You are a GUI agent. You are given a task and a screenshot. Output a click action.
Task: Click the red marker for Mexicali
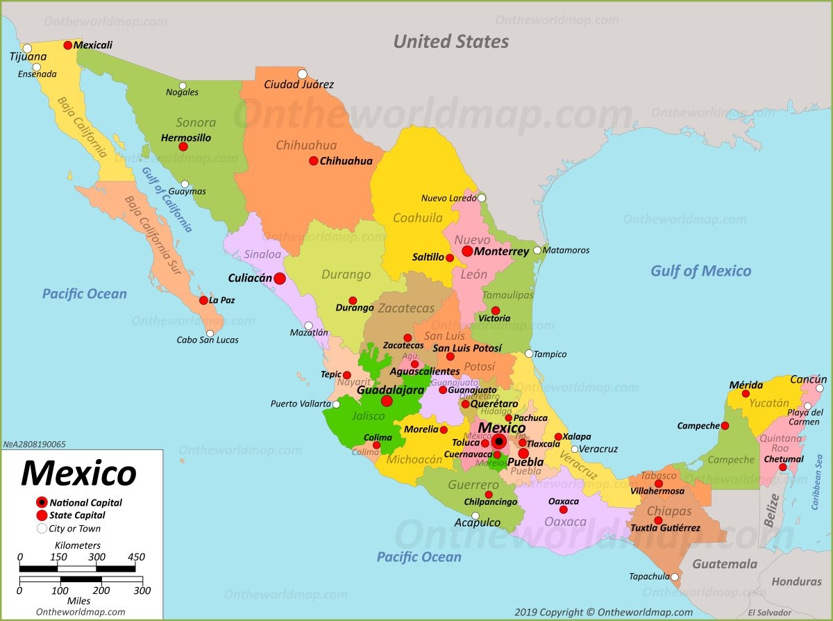[67, 45]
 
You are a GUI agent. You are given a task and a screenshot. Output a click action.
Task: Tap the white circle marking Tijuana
[27, 49]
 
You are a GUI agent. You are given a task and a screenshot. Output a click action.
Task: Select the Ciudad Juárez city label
[298, 85]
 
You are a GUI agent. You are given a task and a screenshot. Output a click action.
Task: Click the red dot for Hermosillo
[183, 147]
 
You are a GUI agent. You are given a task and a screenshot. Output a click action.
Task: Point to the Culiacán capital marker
[279, 279]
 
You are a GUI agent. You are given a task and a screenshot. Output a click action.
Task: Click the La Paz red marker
[203, 301]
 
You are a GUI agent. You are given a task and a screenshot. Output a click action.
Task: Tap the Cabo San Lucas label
[207, 340]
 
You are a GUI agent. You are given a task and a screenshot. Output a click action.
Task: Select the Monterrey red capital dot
[467, 251]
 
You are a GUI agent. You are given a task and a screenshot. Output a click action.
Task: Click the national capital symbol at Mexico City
[498, 441]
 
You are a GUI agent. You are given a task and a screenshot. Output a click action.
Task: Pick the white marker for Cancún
[819, 388]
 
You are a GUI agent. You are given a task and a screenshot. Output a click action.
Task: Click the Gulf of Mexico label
[700, 271]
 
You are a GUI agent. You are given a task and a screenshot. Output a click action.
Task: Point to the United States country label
[451, 42]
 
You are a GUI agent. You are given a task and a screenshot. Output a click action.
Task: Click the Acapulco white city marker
[475, 515]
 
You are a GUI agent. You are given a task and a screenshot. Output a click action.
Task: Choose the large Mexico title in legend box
[78, 473]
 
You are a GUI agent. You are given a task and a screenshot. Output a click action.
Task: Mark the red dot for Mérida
[746, 394]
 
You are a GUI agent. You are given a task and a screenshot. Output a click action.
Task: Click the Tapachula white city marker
[675, 577]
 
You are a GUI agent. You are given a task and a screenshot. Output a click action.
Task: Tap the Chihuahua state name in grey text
[306, 145]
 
